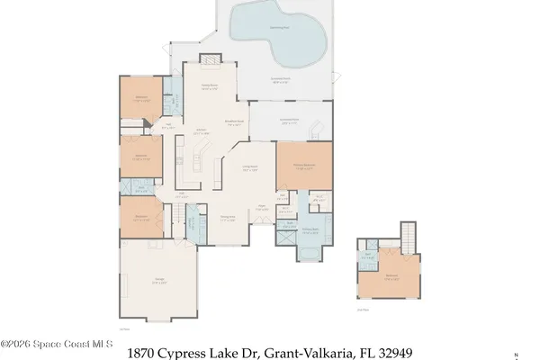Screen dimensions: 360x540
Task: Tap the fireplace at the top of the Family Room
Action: click(x=209, y=60)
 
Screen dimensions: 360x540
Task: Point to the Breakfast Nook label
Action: click(x=236, y=124)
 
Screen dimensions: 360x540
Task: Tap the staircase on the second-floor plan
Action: click(x=410, y=236)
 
